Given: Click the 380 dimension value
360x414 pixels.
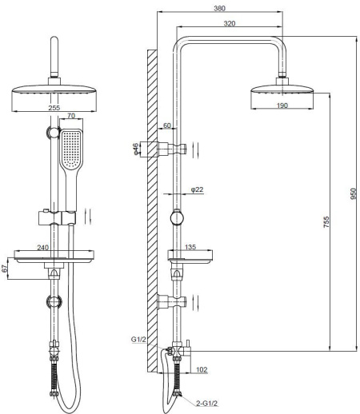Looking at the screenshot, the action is (x=219, y=8).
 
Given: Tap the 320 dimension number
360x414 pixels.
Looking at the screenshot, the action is (x=230, y=23).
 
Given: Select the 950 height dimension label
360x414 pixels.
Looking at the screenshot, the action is (x=354, y=193).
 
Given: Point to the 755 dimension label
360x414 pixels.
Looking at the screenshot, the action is (x=326, y=222).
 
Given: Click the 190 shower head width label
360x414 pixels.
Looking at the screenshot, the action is (x=282, y=105).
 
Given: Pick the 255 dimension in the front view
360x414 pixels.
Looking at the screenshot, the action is (x=54, y=108).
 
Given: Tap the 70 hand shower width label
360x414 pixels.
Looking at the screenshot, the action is (x=71, y=116).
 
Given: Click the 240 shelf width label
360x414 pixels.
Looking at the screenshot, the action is (x=42, y=248).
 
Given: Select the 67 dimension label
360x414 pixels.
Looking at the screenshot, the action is (x=5, y=269).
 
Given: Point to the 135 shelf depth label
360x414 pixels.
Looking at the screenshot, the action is (x=190, y=247).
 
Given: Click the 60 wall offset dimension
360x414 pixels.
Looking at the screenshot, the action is (x=166, y=125).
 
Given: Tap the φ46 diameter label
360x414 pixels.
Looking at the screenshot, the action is (x=136, y=149).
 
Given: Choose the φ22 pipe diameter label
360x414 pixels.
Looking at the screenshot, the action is (x=197, y=189).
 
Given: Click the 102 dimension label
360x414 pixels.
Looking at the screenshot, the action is (x=202, y=369).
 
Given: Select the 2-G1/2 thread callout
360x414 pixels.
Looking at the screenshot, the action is (x=207, y=404).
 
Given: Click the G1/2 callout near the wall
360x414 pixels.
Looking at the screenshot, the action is (x=138, y=340).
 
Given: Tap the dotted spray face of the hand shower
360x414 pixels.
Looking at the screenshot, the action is (x=71, y=149).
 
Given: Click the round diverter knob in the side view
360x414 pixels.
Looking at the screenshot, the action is (x=177, y=218).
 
